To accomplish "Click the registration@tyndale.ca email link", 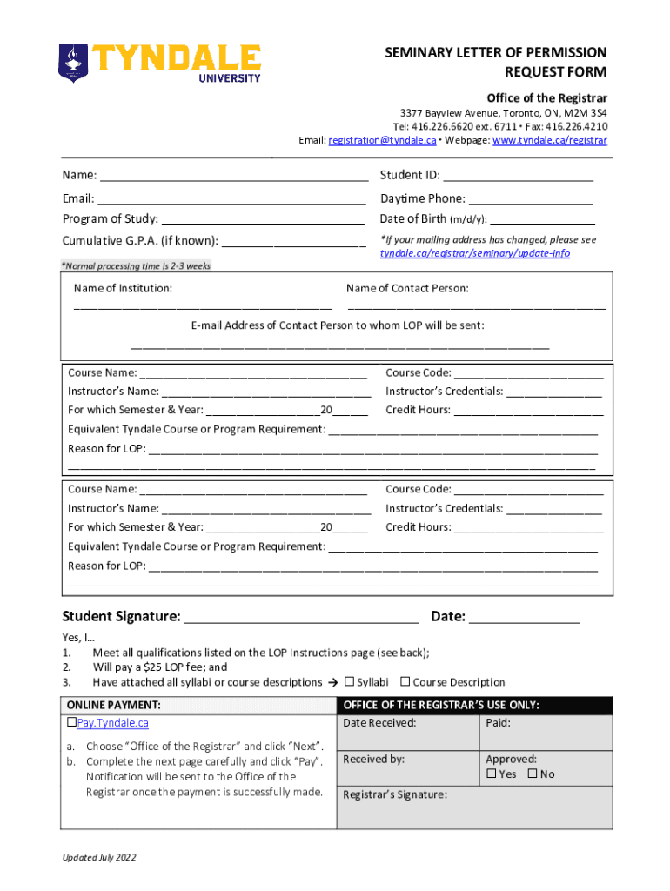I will (x=382, y=140).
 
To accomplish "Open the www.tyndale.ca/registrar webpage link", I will (x=550, y=140).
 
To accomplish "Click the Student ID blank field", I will (x=519, y=177).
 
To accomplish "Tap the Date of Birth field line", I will (x=541, y=219).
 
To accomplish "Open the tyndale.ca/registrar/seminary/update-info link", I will (x=475, y=253).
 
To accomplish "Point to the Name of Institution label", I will (x=123, y=288).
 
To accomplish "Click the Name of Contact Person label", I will (x=407, y=288).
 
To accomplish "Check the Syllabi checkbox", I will (x=350, y=682).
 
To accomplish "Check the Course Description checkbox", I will (x=405, y=682).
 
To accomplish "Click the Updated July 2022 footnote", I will (x=98, y=858).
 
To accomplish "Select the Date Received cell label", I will (x=379, y=723).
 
